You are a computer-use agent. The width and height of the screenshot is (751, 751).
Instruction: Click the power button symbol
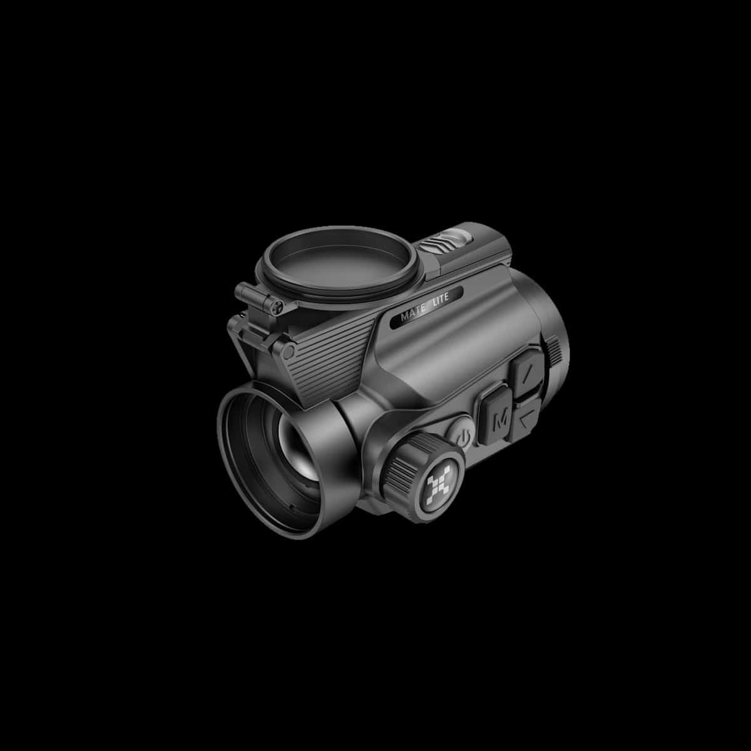coord(463,437)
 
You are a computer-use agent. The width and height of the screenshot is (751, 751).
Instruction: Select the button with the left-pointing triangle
coord(526,421)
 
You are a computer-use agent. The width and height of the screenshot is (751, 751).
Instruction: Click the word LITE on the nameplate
coord(441,297)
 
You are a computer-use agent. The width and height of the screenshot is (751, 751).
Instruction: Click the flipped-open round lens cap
coord(338,264)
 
